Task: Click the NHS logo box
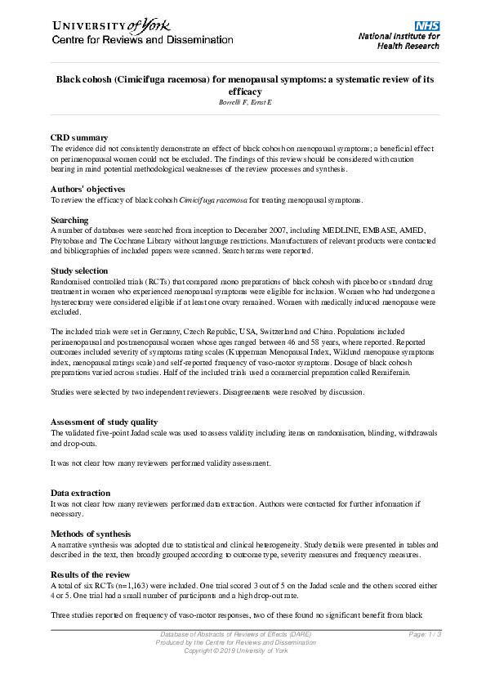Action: (427, 26)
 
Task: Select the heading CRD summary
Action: (79, 138)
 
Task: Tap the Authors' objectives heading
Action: (87, 189)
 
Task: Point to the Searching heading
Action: (69, 221)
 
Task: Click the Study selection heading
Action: (79, 270)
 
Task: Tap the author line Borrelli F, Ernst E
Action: (243, 103)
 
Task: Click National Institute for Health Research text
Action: (399, 41)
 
